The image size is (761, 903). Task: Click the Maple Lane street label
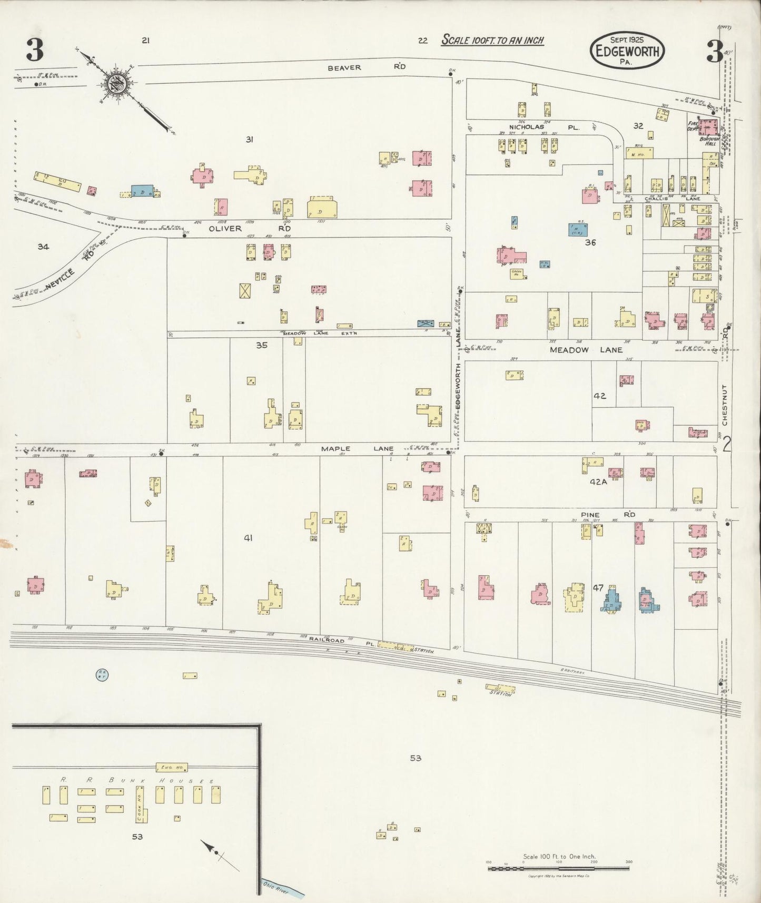point(357,449)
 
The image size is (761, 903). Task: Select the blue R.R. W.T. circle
point(101,674)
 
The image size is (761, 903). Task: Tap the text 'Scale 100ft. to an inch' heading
point(492,40)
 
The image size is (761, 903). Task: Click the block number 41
point(249,538)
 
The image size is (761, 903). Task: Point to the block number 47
point(598,587)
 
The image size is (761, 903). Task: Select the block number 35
point(262,345)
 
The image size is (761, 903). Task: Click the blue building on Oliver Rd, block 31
point(142,191)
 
